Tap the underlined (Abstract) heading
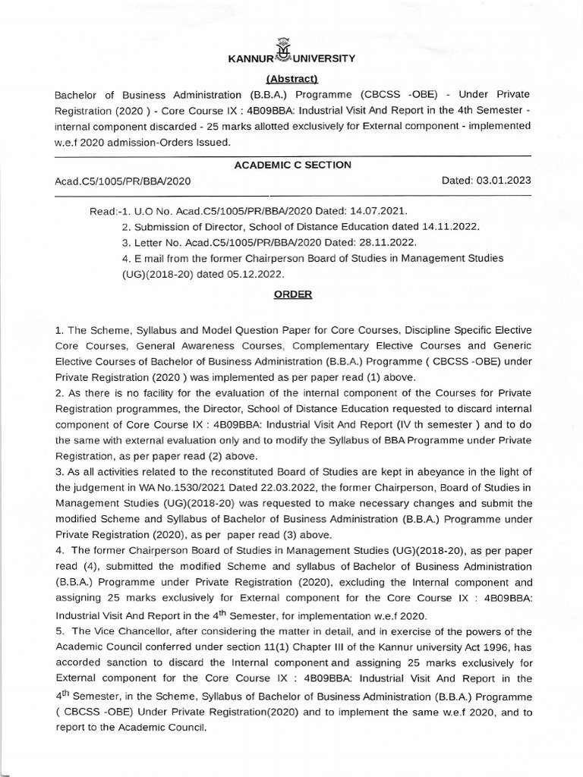(291, 79)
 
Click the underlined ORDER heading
(293, 294)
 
